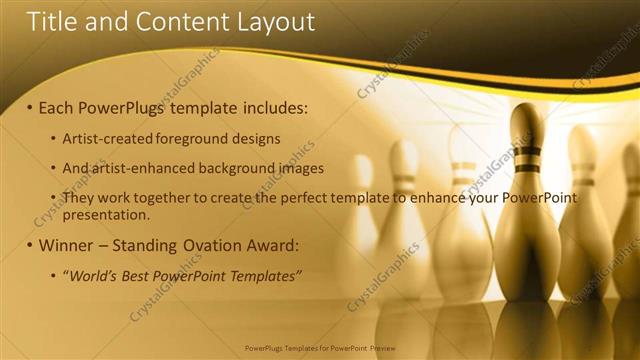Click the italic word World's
pos(96,275)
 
